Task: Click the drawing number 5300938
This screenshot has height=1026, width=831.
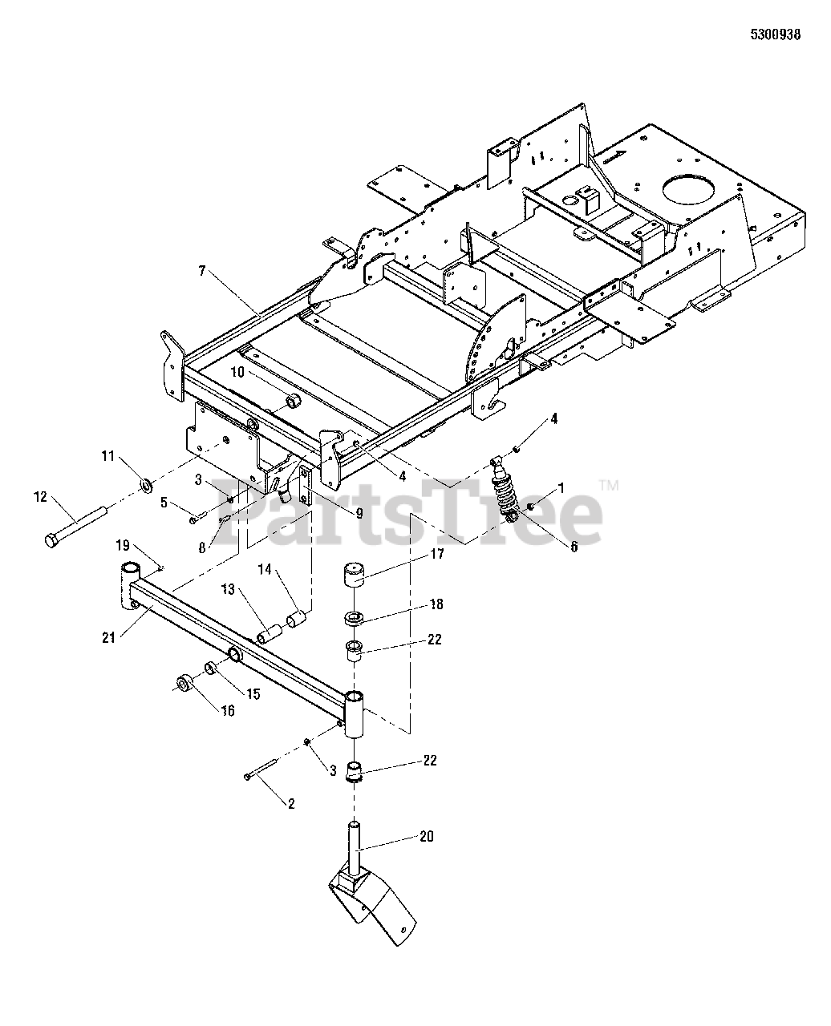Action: point(775,35)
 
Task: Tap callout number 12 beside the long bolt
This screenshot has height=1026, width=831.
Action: point(40,498)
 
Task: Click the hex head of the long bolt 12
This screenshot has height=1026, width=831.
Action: point(51,541)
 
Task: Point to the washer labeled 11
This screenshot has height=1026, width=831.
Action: point(147,485)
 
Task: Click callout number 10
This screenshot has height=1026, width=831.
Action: point(237,372)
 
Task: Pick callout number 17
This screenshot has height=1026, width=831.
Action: point(436,553)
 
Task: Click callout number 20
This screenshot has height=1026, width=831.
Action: point(426,836)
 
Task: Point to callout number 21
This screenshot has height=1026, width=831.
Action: point(109,637)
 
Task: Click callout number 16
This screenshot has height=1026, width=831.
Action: point(228,710)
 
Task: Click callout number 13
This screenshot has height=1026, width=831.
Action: point(229,590)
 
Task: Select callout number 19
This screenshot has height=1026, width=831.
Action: point(122,545)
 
